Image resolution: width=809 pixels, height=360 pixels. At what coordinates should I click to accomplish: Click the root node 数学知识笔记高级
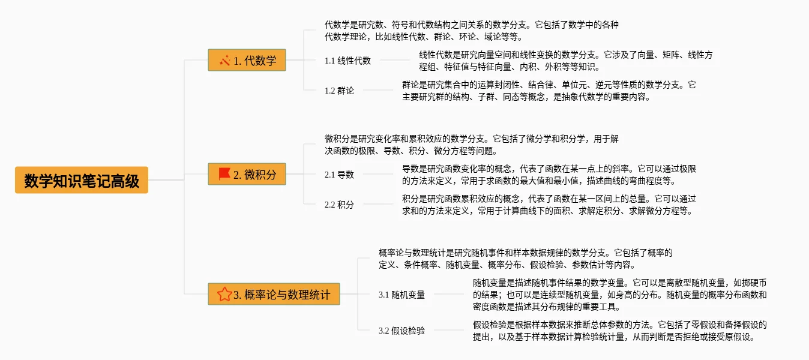82,180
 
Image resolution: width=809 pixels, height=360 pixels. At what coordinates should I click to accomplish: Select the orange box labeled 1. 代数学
247,60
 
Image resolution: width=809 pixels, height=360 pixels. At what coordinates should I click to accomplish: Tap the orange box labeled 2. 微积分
247,175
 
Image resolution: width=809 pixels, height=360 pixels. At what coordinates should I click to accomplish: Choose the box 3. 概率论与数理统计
274,294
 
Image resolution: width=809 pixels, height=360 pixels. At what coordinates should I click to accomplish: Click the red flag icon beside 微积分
224,174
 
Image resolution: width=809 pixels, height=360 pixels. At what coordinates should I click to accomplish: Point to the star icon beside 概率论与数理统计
224,294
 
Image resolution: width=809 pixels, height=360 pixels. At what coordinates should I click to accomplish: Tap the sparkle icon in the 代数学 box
225,60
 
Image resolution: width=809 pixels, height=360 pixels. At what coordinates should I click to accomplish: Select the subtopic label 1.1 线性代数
347,61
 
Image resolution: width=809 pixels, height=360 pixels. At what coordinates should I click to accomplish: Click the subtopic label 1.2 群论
339,91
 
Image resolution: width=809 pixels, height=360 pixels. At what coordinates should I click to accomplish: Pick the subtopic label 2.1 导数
339,175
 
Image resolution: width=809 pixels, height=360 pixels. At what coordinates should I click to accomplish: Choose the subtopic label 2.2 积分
339,205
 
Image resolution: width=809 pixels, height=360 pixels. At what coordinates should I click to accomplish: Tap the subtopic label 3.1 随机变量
401,295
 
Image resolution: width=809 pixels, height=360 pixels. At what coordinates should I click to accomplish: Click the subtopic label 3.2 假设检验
401,331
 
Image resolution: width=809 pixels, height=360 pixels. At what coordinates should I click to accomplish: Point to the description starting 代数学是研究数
471,31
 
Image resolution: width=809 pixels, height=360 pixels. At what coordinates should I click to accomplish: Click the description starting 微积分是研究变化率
471,145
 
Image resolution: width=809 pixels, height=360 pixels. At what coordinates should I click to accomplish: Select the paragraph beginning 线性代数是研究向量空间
565,61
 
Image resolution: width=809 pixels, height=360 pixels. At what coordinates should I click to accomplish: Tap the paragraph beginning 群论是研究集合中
549,91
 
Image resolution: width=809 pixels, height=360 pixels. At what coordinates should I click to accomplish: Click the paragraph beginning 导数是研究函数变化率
549,175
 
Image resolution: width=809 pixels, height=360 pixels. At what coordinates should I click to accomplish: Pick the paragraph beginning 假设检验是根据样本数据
619,331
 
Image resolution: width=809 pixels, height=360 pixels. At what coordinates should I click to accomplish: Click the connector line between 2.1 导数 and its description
377,174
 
